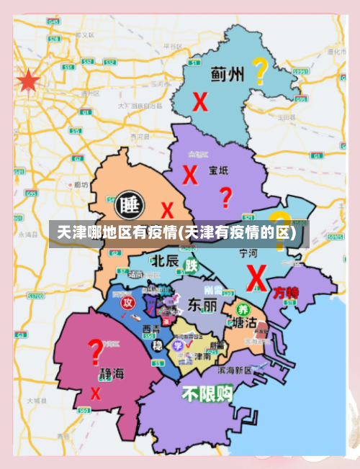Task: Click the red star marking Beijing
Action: [28, 81]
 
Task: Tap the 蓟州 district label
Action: [227, 74]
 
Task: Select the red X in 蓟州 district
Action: [200, 102]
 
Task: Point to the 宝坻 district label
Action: [218, 171]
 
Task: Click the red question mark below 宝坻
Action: [226, 196]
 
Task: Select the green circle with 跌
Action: [191, 265]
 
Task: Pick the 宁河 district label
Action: [248, 253]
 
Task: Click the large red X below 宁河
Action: [256, 277]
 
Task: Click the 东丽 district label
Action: [202, 305]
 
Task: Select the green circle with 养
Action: [242, 309]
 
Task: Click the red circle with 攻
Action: [127, 302]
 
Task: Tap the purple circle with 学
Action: [177, 345]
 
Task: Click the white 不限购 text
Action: [207, 393]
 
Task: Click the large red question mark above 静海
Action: [95, 352]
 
